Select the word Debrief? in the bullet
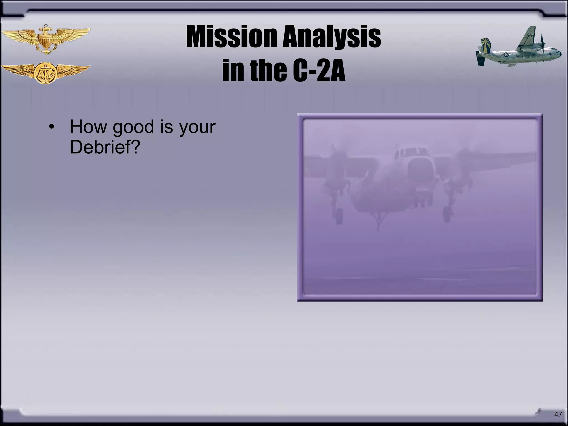105,147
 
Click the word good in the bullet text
133,127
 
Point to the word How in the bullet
88,127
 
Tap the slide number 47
558,414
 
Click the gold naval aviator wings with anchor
45,39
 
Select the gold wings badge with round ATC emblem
45,73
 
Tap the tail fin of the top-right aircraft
485,46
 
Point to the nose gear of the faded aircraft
378,222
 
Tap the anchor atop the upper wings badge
45,28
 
